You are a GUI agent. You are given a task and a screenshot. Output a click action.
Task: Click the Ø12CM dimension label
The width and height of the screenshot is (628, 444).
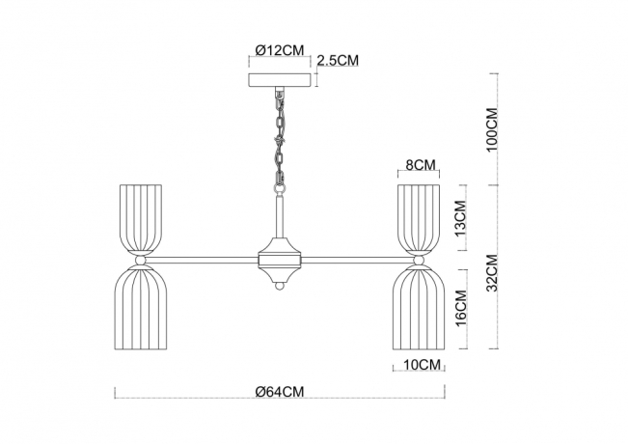[x=281, y=49]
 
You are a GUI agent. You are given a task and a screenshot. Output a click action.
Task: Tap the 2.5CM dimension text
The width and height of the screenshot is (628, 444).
[x=339, y=60]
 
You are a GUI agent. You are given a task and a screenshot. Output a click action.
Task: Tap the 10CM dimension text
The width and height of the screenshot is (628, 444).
[x=420, y=365]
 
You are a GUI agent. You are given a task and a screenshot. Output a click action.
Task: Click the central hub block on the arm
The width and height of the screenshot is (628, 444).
[x=281, y=259]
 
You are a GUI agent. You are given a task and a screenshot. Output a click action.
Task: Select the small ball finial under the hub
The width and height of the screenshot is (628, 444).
[x=281, y=286]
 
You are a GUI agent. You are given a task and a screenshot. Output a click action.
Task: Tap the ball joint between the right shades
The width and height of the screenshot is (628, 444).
[x=420, y=260]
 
